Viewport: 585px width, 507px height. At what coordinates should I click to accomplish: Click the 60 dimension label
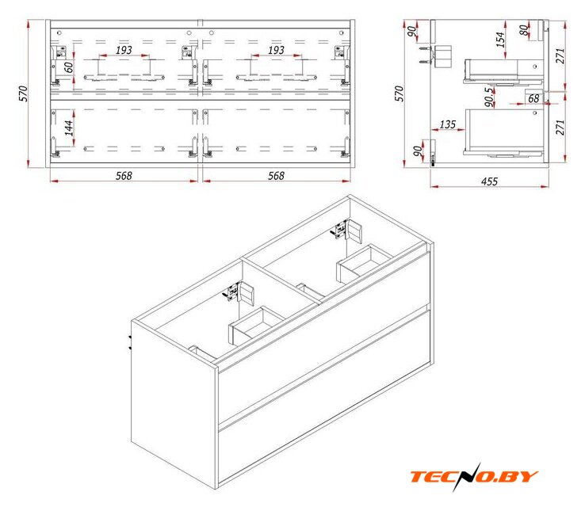click(69, 67)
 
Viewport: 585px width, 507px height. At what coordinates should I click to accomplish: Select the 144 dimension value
click(69, 128)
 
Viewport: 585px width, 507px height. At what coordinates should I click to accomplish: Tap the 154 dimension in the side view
click(500, 40)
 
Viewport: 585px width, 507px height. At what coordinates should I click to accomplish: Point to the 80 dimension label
click(524, 30)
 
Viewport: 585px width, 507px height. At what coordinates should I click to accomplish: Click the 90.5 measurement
click(489, 97)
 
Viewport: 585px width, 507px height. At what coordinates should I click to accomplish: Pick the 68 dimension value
click(533, 98)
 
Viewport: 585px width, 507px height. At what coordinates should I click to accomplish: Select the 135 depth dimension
click(448, 124)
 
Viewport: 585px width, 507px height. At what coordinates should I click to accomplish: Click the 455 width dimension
click(489, 181)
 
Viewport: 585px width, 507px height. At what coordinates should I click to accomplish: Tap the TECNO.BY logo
click(474, 477)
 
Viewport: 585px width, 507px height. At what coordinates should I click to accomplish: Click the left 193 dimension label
click(124, 50)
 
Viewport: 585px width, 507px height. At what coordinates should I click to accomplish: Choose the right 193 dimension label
click(276, 50)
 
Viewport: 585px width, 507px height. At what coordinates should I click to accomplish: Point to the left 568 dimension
click(124, 176)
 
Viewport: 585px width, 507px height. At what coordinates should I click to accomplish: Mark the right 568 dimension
click(276, 176)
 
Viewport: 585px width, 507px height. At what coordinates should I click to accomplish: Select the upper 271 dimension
click(560, 56)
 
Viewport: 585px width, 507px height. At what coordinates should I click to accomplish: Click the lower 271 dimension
click(560, 128)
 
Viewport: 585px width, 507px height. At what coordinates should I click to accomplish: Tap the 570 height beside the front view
click(23, 93)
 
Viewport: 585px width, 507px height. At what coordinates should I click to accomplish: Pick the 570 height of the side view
click(399, 93)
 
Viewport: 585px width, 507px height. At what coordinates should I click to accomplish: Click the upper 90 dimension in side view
click(411, 32)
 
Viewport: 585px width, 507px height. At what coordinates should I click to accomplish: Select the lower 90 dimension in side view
click(418, 151)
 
